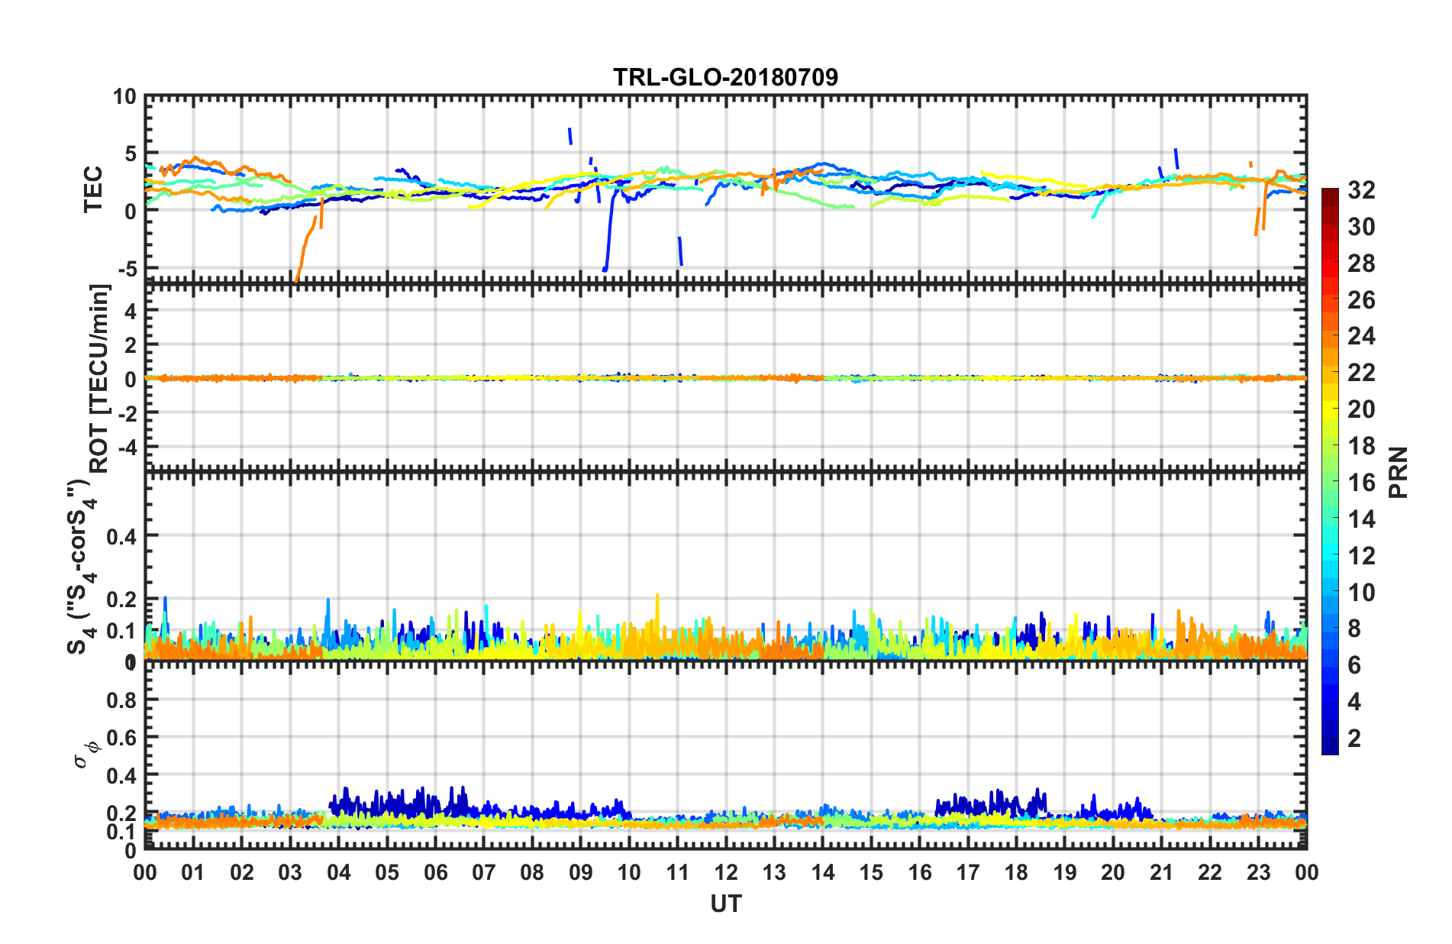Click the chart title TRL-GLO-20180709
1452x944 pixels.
(725, 77)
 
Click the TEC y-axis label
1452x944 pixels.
(93, 189)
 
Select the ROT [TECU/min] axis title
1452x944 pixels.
(100, 378)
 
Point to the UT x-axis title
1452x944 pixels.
(725, 904)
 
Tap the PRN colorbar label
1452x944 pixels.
(1399, 472)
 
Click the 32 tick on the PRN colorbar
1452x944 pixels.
(1361, 190)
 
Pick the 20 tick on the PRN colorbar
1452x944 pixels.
(1361, 409)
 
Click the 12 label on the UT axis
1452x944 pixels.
(725, 872)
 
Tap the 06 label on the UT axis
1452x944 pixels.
(435, 872)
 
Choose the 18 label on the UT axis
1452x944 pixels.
(1016, 872)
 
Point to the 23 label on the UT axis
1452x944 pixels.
(1258, 872)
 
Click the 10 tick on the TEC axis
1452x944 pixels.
(124, 97)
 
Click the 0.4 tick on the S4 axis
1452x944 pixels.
(121, 536)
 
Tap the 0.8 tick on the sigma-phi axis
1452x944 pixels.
(121, 700)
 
